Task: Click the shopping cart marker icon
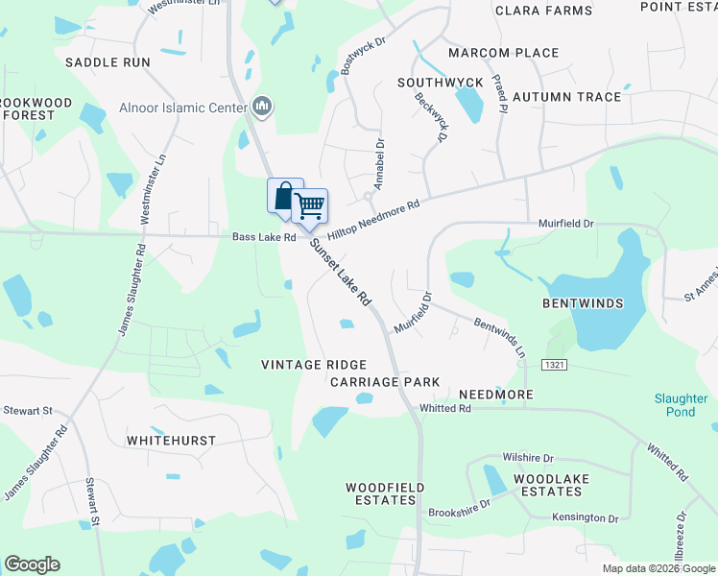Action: point(309,205)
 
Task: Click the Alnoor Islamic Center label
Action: point(183,108)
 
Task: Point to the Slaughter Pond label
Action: point(681,405)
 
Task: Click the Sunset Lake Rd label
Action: point(340,273)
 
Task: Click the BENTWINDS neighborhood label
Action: point(583,303)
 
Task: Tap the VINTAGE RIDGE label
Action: point(315,365)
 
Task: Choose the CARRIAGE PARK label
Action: point(385,382)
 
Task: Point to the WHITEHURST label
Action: point(171,441)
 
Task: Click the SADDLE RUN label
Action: point(108,62)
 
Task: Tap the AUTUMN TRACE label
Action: point(566,97)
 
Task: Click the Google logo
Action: point(32,564)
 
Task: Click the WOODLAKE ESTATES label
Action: point(547,485)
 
